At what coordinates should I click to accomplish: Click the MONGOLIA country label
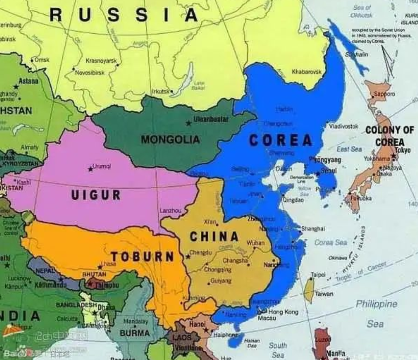click(170, 140)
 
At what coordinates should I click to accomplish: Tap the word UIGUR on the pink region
click(96, 195)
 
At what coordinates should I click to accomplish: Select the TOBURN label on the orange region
click(142, 256)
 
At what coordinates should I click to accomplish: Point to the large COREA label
click(281, 140)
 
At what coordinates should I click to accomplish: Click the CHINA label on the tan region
click(214, 236)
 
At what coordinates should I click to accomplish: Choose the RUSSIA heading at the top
click(124, 15)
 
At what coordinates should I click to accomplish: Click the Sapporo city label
click(384, 94)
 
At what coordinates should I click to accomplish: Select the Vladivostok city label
click(344, 127)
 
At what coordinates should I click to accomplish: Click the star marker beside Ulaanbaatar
click(188, 123)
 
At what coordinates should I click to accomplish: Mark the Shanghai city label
click(313, 229)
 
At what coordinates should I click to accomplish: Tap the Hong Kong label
click(283, 312)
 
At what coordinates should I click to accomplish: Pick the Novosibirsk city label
click(90, 72)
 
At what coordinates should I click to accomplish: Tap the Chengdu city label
click(201, 253)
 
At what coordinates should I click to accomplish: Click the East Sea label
click(349, 149)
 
